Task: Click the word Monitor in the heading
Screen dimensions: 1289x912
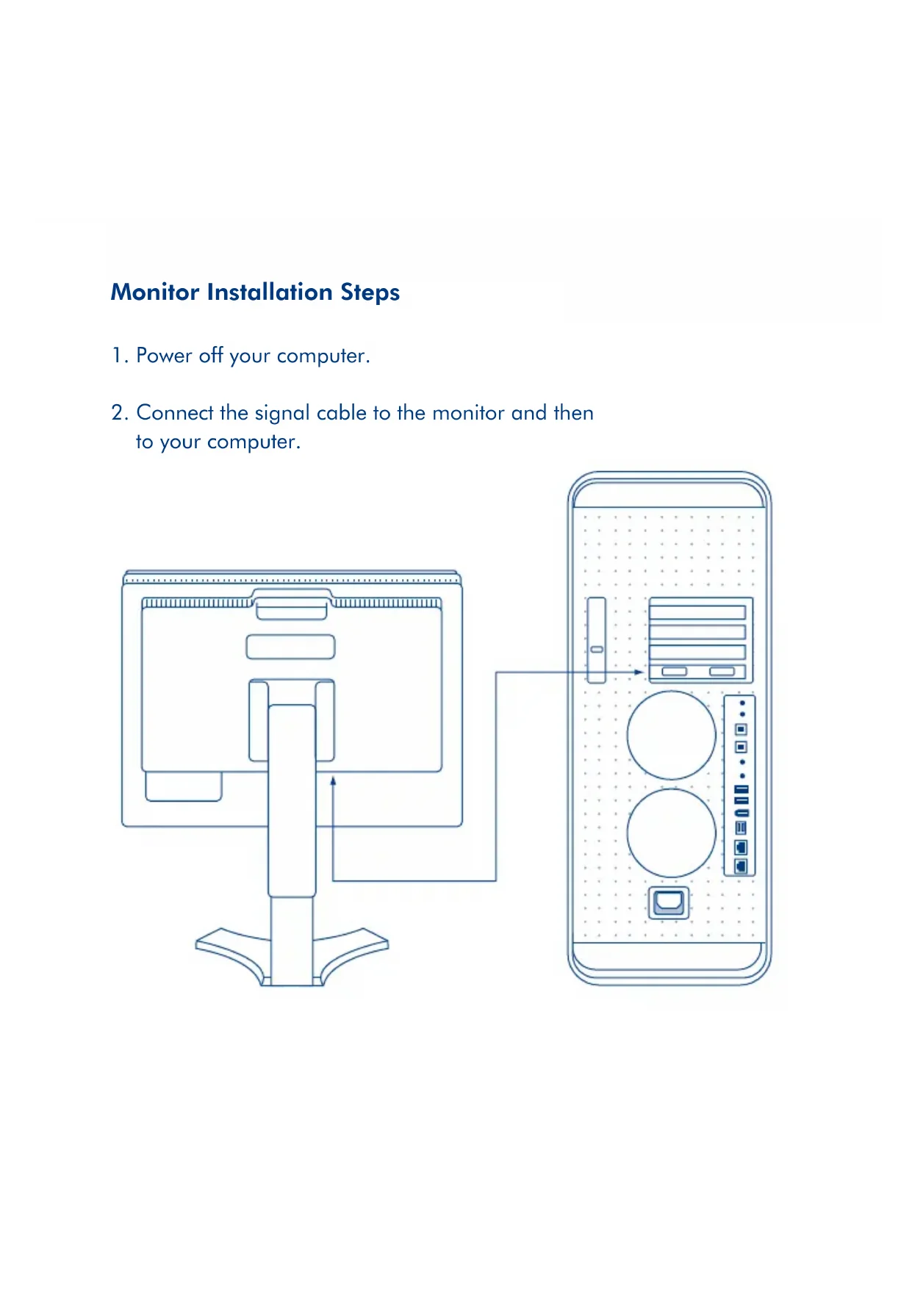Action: tap(155, 292)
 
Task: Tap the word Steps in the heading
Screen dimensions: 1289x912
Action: tap(370, 292)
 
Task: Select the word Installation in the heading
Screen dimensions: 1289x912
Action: tap(269, 292)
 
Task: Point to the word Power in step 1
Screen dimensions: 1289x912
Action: tap(164, 356)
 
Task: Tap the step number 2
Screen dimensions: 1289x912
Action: tap(118, 413)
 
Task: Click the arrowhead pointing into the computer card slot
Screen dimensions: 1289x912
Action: tap(639, 672)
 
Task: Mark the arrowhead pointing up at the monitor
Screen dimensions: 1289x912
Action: tap(333, 782)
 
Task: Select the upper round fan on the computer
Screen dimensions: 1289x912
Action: tap(671, 735)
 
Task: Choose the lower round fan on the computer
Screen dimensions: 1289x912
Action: tap(671, 833)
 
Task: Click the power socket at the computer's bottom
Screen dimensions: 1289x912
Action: tap(668, 902)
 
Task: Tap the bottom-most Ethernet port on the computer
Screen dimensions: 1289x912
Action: tap(741, 866)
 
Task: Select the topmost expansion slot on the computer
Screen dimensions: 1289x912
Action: tap(697, 612)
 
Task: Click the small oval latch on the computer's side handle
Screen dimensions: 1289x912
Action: tap(597, 650)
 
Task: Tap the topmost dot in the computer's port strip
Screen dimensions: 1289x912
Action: tap(742, 703)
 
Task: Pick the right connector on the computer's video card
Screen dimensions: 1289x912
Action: tap(722, 672)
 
